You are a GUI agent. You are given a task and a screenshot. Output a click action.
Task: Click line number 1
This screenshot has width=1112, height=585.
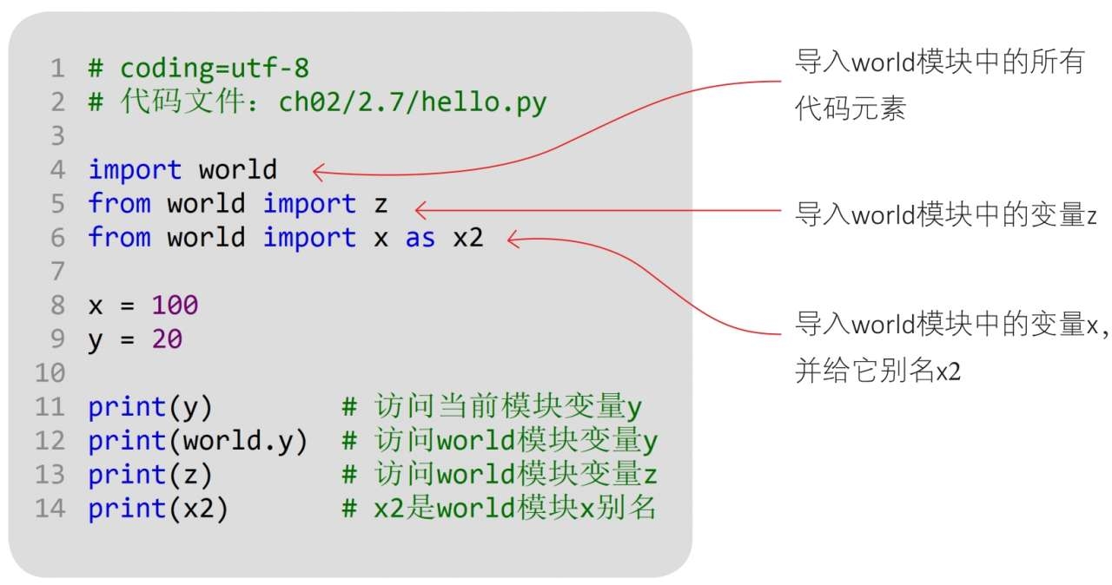(57, 68)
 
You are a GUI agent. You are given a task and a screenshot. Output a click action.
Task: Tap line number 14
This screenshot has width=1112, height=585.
(50, 509)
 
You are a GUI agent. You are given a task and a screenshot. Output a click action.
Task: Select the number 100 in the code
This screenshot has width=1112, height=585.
(175, 306)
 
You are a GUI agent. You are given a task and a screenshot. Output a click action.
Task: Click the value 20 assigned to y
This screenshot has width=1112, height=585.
(167, 339)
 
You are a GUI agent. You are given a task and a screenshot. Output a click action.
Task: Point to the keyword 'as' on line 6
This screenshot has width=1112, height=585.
(420, 238)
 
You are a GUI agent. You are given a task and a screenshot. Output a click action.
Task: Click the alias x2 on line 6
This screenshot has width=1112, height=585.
(467, 238)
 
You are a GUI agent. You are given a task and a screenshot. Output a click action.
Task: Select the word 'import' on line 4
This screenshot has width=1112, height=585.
(135, 170)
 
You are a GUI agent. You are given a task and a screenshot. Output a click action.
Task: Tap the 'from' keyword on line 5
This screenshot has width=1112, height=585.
(119, 204)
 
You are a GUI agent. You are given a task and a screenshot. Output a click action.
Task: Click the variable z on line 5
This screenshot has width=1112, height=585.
(380, 205)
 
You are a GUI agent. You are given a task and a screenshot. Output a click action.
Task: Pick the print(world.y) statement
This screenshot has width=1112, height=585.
(198, 441)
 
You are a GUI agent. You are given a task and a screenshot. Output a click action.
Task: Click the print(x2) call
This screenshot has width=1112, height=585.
(158, 509)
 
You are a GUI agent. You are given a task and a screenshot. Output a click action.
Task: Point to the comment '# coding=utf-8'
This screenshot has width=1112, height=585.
(199, 68)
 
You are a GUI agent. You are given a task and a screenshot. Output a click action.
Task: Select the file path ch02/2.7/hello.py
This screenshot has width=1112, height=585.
(413, 102)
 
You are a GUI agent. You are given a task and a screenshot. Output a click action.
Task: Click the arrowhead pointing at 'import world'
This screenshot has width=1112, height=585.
(317, 172)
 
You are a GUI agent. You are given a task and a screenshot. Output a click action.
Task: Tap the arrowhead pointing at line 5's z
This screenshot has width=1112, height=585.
(420, 209)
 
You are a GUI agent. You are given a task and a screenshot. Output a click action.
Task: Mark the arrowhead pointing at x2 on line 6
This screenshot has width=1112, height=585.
(513, 239)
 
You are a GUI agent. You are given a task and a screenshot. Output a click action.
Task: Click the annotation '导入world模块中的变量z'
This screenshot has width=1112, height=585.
(946, 214)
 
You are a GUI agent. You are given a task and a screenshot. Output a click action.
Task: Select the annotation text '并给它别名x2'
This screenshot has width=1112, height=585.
(877, 371)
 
